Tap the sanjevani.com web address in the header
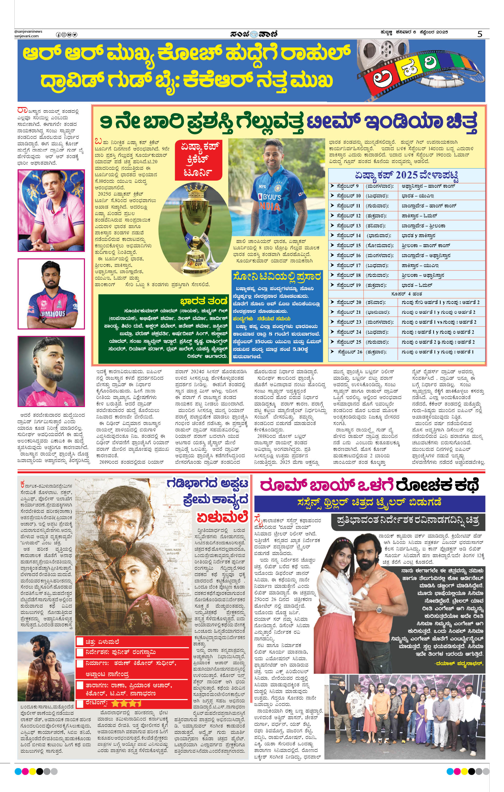(27, 36)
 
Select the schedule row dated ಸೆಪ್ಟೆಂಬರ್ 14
(407, 236)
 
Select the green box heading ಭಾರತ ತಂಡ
(204, 301)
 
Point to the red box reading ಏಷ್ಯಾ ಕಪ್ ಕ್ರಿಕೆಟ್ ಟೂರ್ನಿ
(198, 159)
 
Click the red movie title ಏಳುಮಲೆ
(222, 517)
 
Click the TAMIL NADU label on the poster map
(173, 550)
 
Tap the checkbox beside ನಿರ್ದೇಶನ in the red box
(80, 653)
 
